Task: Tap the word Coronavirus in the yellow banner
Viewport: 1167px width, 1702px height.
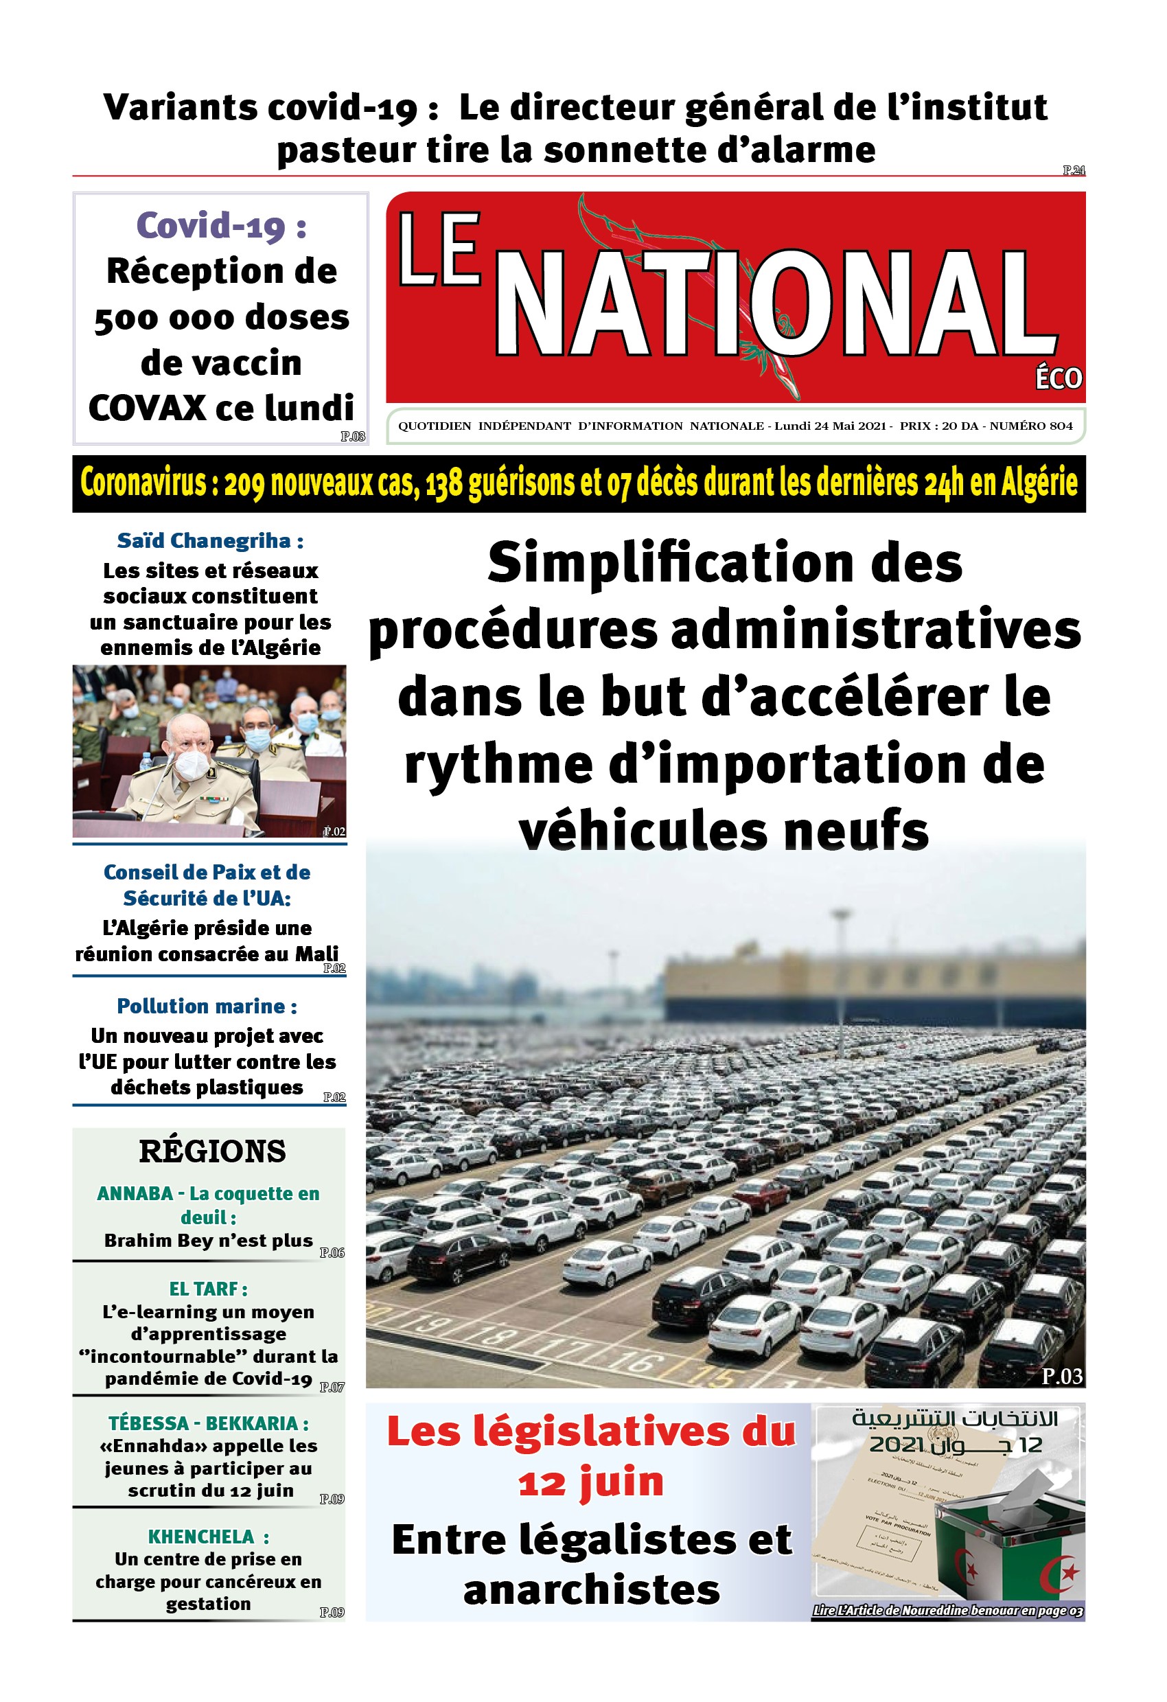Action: [x=143, y=483]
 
